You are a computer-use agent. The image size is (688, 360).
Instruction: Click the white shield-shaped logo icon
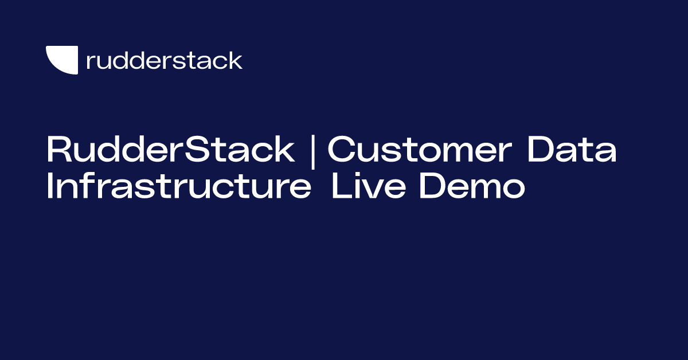pos(61,59)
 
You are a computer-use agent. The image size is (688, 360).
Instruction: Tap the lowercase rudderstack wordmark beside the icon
pos(164,60)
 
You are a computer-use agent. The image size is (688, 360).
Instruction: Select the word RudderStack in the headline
pos(170,150)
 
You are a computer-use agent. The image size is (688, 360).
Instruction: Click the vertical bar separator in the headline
pos(312,150)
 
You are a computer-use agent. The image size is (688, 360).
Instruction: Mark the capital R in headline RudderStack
pos(58,150)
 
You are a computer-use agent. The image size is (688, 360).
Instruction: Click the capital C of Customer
pos(341,150)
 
